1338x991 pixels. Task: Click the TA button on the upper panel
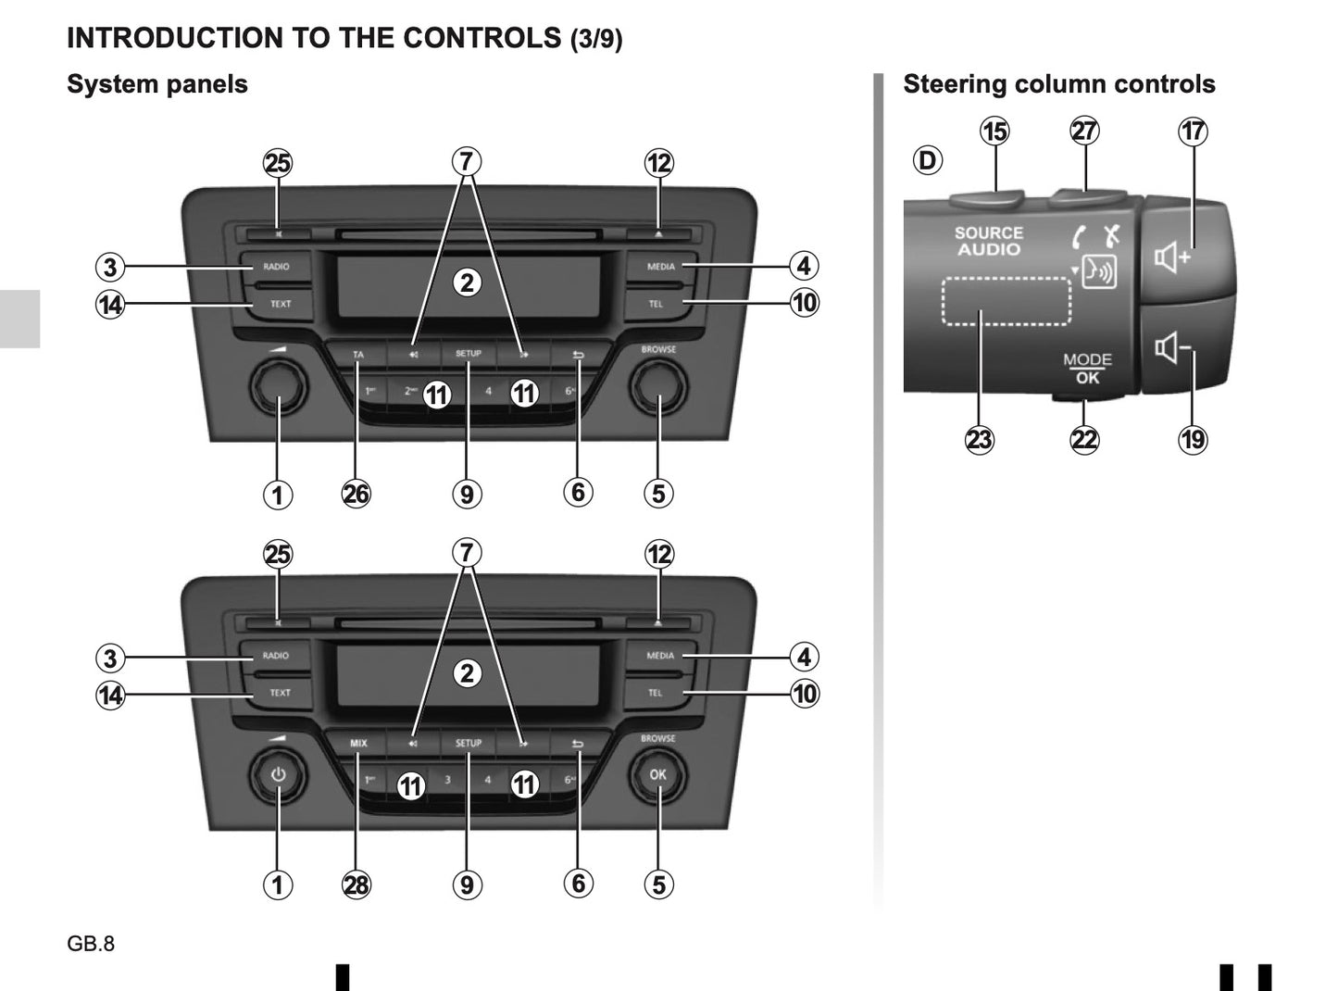click(x=358, y=355)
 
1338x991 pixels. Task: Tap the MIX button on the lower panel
click(x=358, y=743)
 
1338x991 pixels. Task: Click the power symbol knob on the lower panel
click(x=279, y=774)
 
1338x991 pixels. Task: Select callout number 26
click(x=356, y=494)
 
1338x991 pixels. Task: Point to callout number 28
click(x=356, y=884)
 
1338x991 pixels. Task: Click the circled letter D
click(x=927, y=160)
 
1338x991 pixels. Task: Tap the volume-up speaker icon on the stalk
click(x=1171, y=257)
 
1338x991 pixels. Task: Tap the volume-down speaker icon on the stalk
click(x=1171, y=349)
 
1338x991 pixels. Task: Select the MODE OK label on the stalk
click(x=1087, y=369)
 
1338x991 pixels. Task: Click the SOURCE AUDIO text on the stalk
click(x=989, y=241)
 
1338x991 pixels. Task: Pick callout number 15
click(x=995, y=132)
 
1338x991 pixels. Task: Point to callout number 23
click(x=980, y=439)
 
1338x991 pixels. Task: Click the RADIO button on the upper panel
click(x=276, y=267)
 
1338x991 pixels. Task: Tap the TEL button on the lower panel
click(x=656, y=693)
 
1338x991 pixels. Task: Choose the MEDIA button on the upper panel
click(x=661, y=267)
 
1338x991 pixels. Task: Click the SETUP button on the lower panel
click(x=469, y=743)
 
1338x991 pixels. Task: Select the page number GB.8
click(x=91, y=944)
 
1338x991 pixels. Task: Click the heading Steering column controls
click(x=1058, y=84)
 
